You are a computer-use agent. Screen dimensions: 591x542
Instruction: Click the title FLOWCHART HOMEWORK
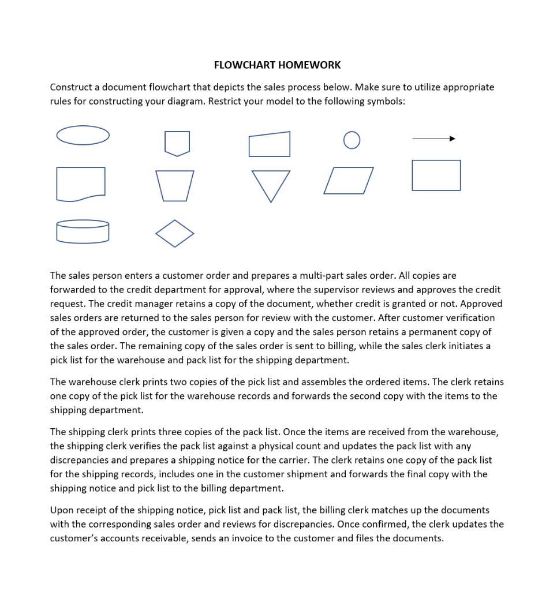point(277,65)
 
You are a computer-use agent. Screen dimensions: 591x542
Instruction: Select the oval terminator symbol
point(83,135)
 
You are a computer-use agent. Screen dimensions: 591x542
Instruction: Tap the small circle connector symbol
point(352,140)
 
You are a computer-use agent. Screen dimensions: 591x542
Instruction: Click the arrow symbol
point(434,139)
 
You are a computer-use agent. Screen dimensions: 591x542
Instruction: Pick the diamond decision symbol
point(174,234)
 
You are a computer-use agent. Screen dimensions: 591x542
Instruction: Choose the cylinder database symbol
point(83,231)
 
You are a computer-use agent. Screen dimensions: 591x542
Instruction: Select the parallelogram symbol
point(349,181)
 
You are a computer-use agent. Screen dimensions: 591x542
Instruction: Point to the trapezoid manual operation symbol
point(174,185)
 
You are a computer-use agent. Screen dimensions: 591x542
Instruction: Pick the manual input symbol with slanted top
point(270,144)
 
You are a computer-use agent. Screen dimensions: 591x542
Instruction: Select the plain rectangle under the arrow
point(436,175)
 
